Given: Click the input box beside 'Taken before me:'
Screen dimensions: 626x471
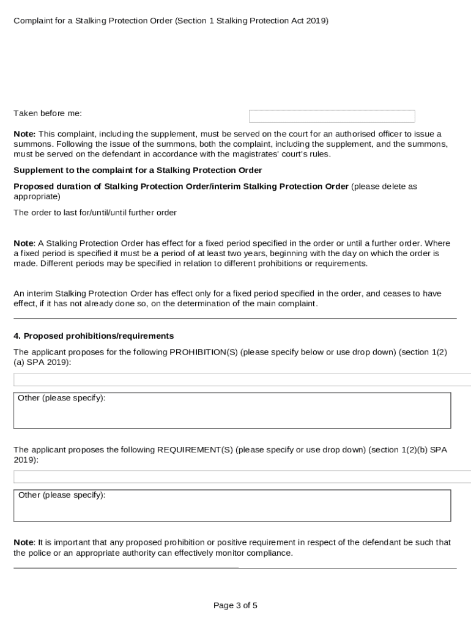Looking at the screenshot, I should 332,116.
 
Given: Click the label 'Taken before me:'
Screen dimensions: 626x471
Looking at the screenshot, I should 48,113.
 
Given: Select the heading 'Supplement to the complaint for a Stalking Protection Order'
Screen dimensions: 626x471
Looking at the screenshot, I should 138,170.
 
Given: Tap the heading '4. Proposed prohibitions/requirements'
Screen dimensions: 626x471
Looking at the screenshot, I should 94,336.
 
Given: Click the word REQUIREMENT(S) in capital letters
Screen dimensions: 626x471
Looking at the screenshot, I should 195,449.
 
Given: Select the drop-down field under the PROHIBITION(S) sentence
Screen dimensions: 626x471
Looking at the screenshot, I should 242,380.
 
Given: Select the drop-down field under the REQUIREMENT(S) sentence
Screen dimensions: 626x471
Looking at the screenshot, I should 242,477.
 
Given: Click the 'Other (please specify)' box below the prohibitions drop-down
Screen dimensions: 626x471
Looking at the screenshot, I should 232,411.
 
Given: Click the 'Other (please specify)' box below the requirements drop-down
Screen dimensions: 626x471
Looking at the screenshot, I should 232,506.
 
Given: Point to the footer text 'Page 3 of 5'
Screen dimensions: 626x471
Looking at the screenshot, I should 236,606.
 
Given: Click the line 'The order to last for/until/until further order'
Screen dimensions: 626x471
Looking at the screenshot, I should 95,213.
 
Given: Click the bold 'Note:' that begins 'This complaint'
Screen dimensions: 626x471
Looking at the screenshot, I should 25,133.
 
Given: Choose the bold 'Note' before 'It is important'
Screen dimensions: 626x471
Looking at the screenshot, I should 24,542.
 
